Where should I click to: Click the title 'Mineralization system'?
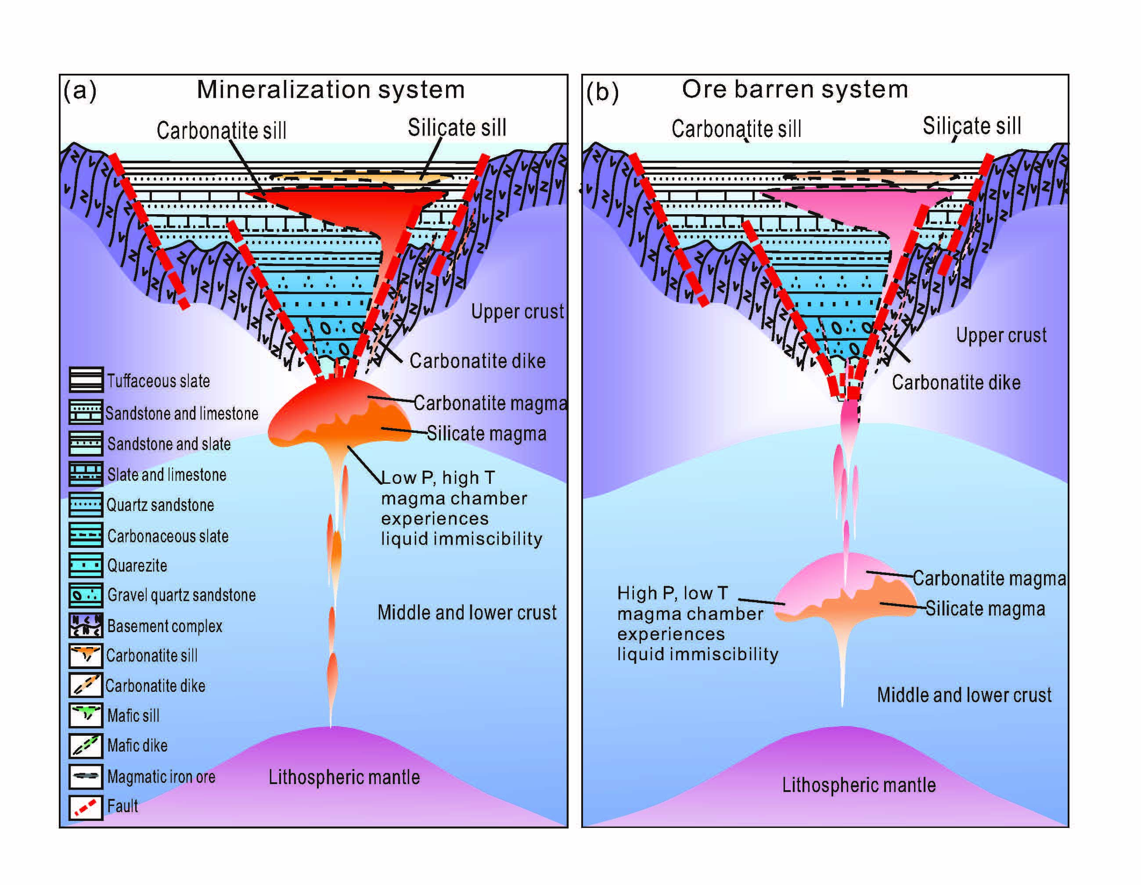(x=330, y=90)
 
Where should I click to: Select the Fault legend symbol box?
(x=86, y=806)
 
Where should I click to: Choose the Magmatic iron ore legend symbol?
(x=86, y=776)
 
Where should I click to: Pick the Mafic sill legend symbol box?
(x=86, y=715)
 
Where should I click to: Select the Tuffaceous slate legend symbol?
(x=86, y=380)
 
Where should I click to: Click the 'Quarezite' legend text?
(x=137, y=565)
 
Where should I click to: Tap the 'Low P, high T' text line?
(x=438, y=478)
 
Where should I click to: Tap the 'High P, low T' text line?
(x=673, y=593)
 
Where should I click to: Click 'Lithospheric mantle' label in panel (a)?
(x=344, y=777)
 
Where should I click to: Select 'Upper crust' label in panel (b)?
(x=1001, y=335)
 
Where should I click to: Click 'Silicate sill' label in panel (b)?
(x=971, y=126)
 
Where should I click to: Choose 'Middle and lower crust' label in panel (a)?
(x=467, y=612)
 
